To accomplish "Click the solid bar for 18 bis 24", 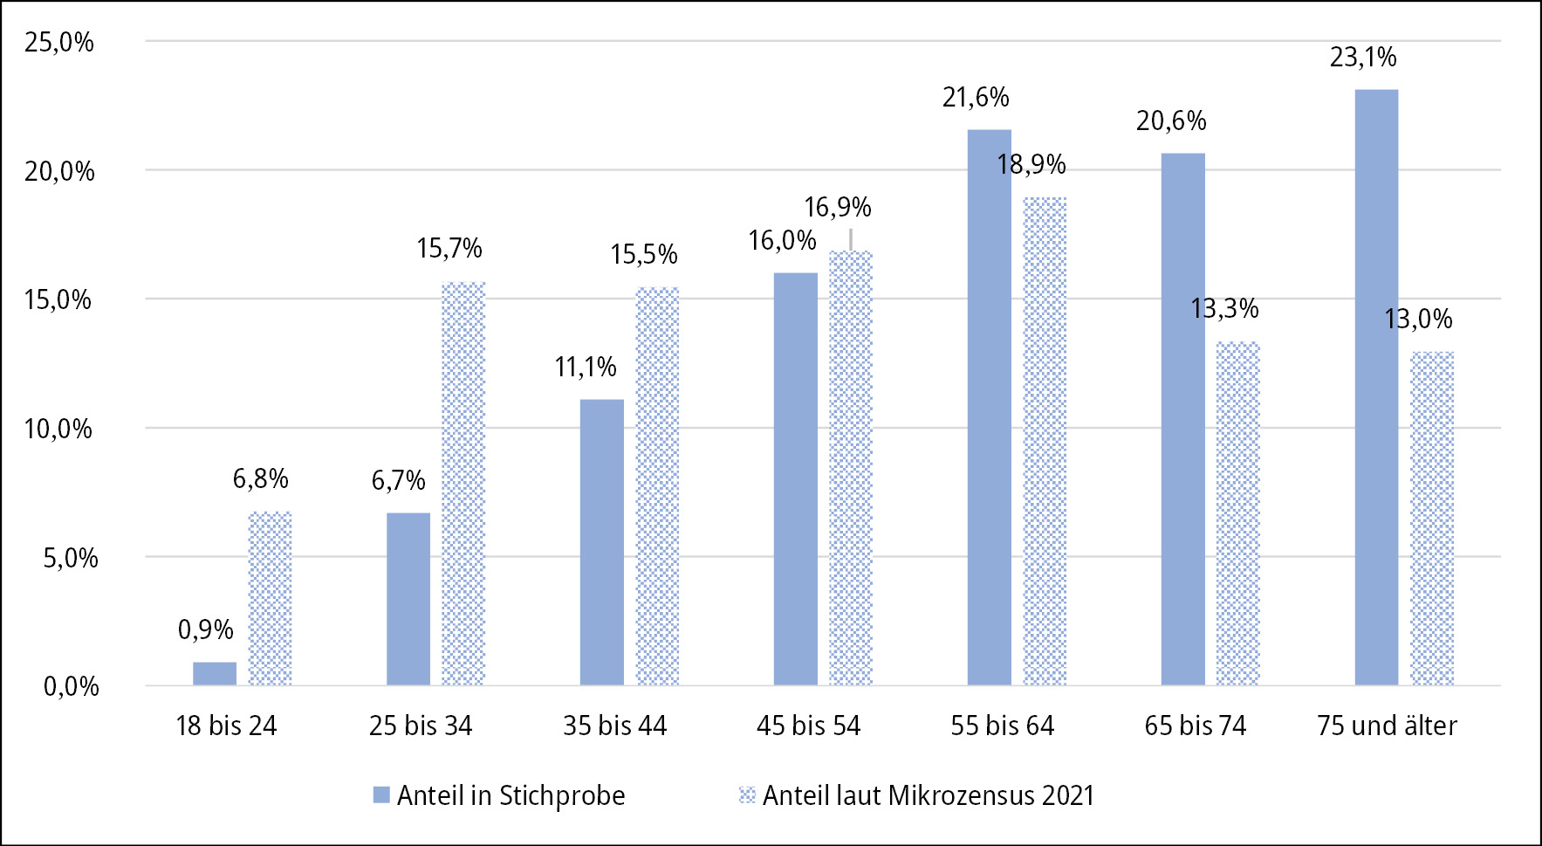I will [x=215, y=674].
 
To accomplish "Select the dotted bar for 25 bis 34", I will [x=463, y=484].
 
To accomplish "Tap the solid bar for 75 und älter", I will [x=1376, y=388].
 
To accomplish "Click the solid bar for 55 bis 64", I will [x=990, y=408].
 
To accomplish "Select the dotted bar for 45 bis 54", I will [x=851, y=468].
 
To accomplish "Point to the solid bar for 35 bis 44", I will [x=602, y=542].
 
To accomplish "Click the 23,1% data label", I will [x=1363, y=58].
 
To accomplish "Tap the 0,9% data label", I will [x=206, y=629].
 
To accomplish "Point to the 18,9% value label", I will [x=1031, y=164].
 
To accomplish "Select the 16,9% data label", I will [x=838, y=208].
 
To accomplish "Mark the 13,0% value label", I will [x=1419, y=320].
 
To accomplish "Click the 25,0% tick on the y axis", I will [x=59, y=42].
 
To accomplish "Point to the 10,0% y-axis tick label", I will [x=58, y=429].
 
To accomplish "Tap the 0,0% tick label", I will [x=71, y=686].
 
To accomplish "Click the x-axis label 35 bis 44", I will [x=614, y=726].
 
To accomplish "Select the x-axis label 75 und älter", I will [x=1387, y=726].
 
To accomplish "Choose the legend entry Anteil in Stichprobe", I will [x=511, y=795].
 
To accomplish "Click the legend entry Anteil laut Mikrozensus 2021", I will [x=928, y=795].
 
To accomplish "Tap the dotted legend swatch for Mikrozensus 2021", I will [x=747, y=794].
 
